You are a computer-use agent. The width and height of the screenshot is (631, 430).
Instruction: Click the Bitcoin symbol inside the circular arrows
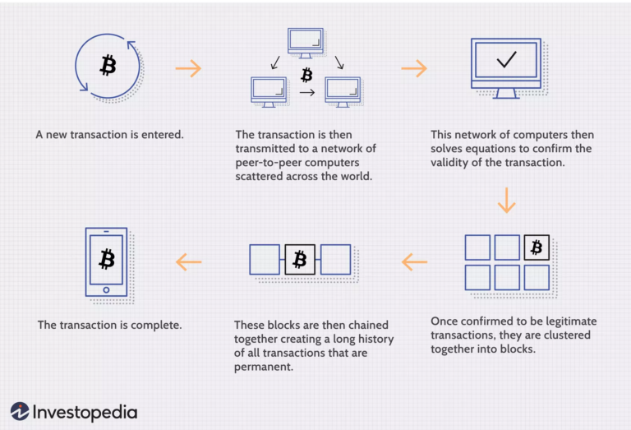(x=108, y=66)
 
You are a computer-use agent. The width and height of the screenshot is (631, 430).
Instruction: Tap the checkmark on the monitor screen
(x=505, y=60)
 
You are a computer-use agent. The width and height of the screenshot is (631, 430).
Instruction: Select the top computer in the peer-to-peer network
(x=306, y=42)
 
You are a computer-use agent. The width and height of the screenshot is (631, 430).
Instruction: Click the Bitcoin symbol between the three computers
(x=306, y=76)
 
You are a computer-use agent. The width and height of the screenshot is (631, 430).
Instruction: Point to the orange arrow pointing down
(x=506, y=200)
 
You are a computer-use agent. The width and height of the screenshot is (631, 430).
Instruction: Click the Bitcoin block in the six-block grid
(x=536, y=247)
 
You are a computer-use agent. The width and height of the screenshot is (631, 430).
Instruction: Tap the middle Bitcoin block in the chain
(x=300, y=260)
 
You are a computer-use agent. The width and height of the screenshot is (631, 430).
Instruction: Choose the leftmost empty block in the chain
(x=265, y=260)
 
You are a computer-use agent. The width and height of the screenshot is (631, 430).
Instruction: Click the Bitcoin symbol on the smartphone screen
(x=107, y=260)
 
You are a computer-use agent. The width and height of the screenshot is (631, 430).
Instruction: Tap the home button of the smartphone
(x=107, y=289)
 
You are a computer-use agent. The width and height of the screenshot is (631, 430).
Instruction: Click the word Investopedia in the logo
(x=85, y=412)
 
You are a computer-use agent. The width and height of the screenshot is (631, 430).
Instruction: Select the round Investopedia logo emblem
(x=20, y=411)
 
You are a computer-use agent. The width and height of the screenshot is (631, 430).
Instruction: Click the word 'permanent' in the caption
(x=262, y=366)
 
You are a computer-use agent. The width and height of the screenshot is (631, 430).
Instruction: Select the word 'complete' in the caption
(x=154, y=325)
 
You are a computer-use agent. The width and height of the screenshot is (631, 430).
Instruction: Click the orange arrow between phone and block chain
(x=189, y=262)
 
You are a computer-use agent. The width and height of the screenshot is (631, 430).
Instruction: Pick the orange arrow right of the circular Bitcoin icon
(x=188, y=68)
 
